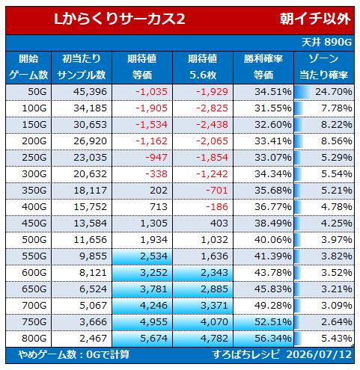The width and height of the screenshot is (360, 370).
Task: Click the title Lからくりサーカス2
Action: pyautogui.click(x=120, y=19)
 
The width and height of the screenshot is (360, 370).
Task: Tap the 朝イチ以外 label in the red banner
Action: pyautogui.click(x=315, y=19)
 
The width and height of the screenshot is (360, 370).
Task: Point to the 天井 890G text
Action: pyautogui.click(x=326, y=43)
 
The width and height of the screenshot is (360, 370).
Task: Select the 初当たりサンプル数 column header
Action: pyautogui.click(x=82, y=67)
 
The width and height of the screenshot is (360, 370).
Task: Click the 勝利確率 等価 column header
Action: pyautogui.click(x=263, y=67)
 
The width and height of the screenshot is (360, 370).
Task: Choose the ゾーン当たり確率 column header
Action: pyautogui.click(x=324, y=67)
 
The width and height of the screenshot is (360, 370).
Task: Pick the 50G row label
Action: pyautogui.click(x=37, y=92)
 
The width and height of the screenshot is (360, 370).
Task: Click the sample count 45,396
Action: pyautogui.click(x=90, y=92)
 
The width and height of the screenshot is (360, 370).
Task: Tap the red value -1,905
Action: pyautogui.click(x=151, y=108)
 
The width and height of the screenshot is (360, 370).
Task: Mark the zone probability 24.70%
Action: pyautogui.click(x=334, y=92)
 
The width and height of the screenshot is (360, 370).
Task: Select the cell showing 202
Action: pyautogui.click(x=159, y=191)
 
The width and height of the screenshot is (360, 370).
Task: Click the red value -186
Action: pyautogui.click(x=217, y=207)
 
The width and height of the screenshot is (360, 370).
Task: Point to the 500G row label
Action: pyautogui.click(x=34, y=240)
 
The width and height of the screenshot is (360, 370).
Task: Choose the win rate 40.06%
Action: pyautogui.click(x=273, y=240)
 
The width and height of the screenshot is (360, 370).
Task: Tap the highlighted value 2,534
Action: pyautogui.click(x=153, y=256)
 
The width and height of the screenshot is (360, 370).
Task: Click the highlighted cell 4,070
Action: pyautogui.click(x=214, y=322)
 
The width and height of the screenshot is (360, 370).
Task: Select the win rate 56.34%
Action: pyautogui.click(x=273, y=339)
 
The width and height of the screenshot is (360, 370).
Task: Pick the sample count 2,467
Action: pyautogui.click(x=93, y=339)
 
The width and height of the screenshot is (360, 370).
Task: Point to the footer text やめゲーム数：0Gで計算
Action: pyautogui.click(x=74, y=354)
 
